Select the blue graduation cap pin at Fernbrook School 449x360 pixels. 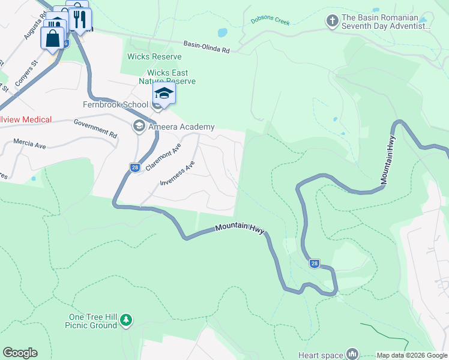point(164,94)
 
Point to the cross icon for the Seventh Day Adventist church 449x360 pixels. point(331,22)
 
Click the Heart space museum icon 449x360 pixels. point(352,355)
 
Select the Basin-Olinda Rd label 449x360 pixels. point(207,47)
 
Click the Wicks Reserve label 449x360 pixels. point(154,57)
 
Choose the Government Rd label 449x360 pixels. point(95,127)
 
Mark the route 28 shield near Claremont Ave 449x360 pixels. point(135,168)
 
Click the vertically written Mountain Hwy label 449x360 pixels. point(388,158)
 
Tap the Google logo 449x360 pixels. point(20,353)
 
